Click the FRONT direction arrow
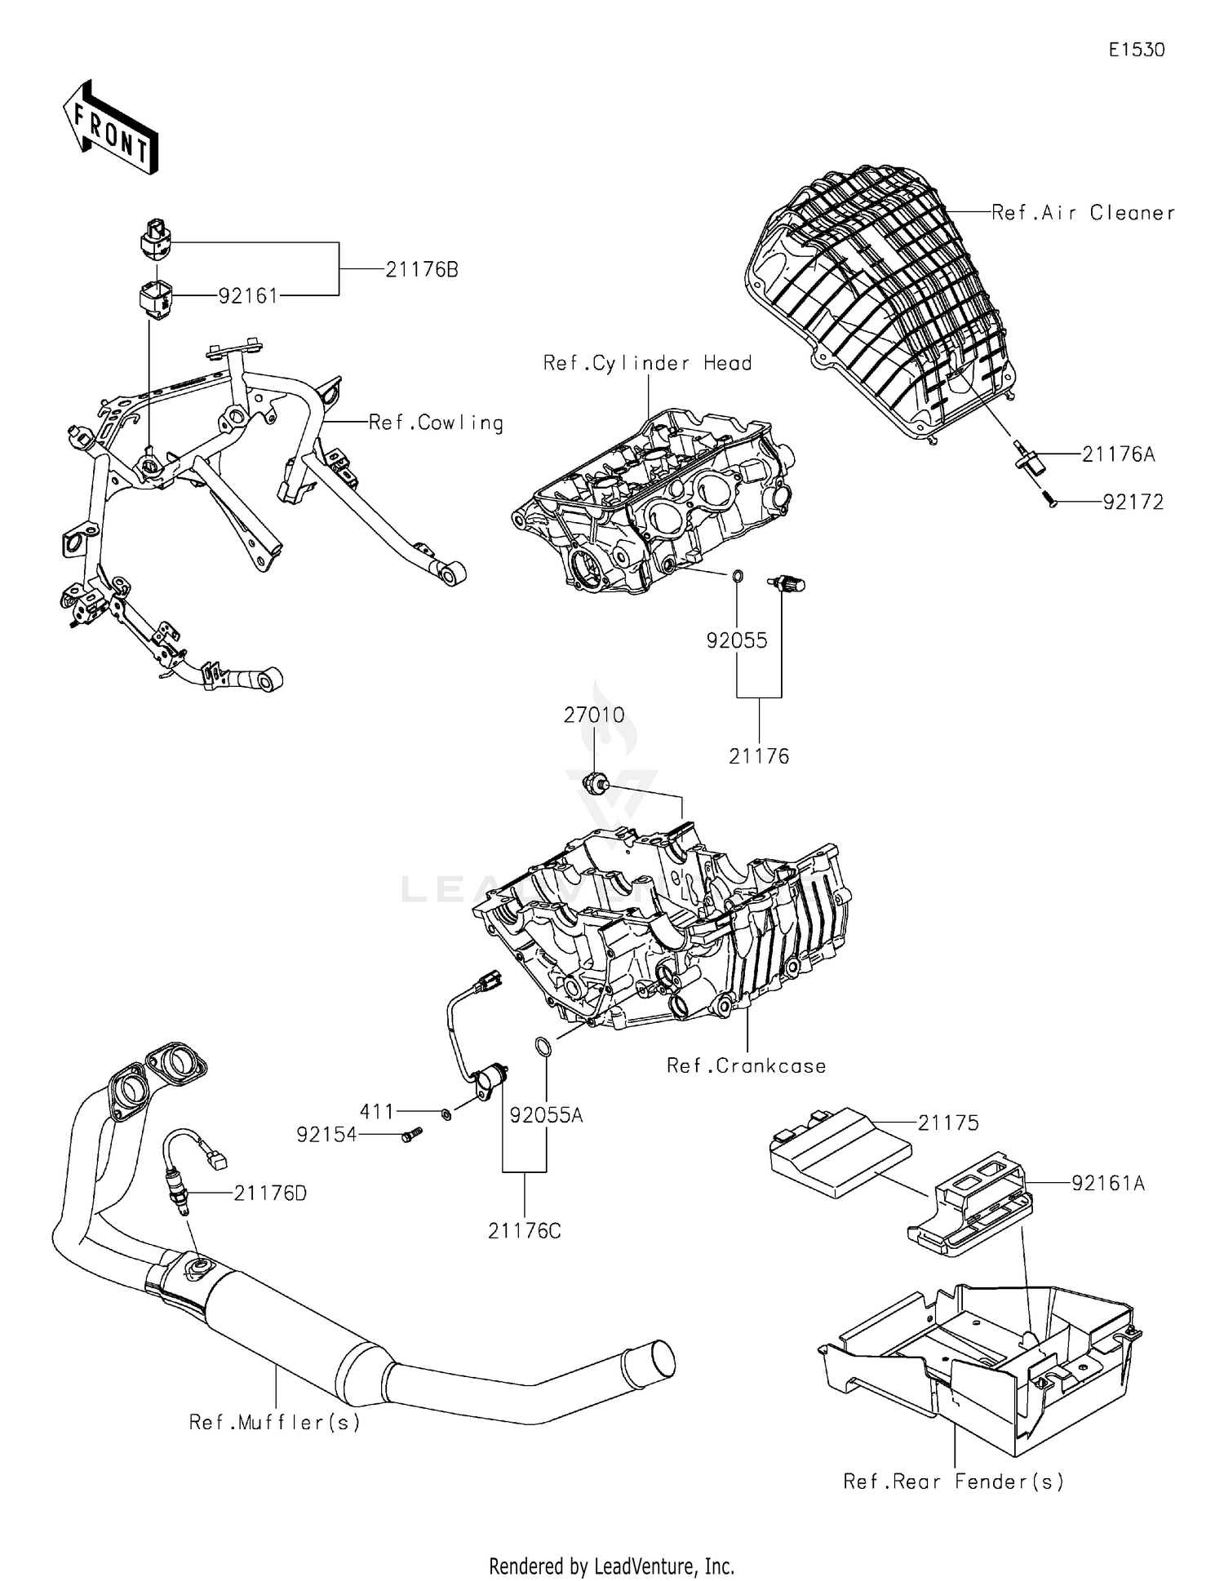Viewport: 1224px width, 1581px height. coord(110,128)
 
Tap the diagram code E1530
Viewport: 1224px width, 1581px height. coord(1137,50)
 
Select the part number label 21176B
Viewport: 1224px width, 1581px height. coord(421,269)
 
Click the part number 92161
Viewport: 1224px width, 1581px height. coord(248,296)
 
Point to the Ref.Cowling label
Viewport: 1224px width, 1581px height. coord(436,423)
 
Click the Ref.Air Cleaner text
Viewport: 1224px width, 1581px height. coord(1083,213)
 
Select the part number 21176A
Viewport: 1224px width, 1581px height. coord(1118,454)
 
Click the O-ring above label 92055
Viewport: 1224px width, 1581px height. coord(737,577)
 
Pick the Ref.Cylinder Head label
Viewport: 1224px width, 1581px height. coord(647,363)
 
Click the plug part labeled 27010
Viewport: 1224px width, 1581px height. coord(595,783)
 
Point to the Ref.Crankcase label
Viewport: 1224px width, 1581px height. coord(746,1065)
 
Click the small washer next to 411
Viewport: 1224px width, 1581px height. coord(446,1114)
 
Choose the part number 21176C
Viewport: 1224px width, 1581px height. coord(524,1231)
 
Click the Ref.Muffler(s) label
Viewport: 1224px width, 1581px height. coord(274,1422)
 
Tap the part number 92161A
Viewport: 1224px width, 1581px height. coord(1107,1183)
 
